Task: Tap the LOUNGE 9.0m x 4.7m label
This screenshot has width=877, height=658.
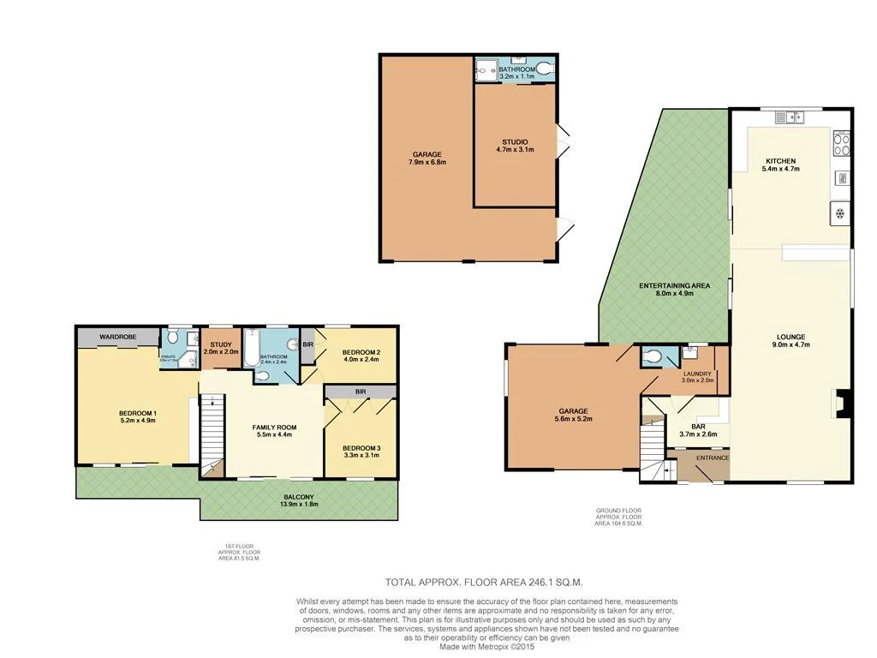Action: coord(790,340)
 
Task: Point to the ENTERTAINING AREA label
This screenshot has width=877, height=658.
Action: coord(665,289)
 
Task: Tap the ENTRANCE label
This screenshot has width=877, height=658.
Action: coord(712,458)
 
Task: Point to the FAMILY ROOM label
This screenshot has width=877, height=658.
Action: coord(273,430)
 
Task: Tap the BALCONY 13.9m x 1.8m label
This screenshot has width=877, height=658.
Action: coord(299,501)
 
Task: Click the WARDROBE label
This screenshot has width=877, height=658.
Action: coord(117,337)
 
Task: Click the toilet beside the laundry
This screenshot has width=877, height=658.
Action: coord(652,356)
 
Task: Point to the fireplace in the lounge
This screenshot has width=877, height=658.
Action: coord(844,403)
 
